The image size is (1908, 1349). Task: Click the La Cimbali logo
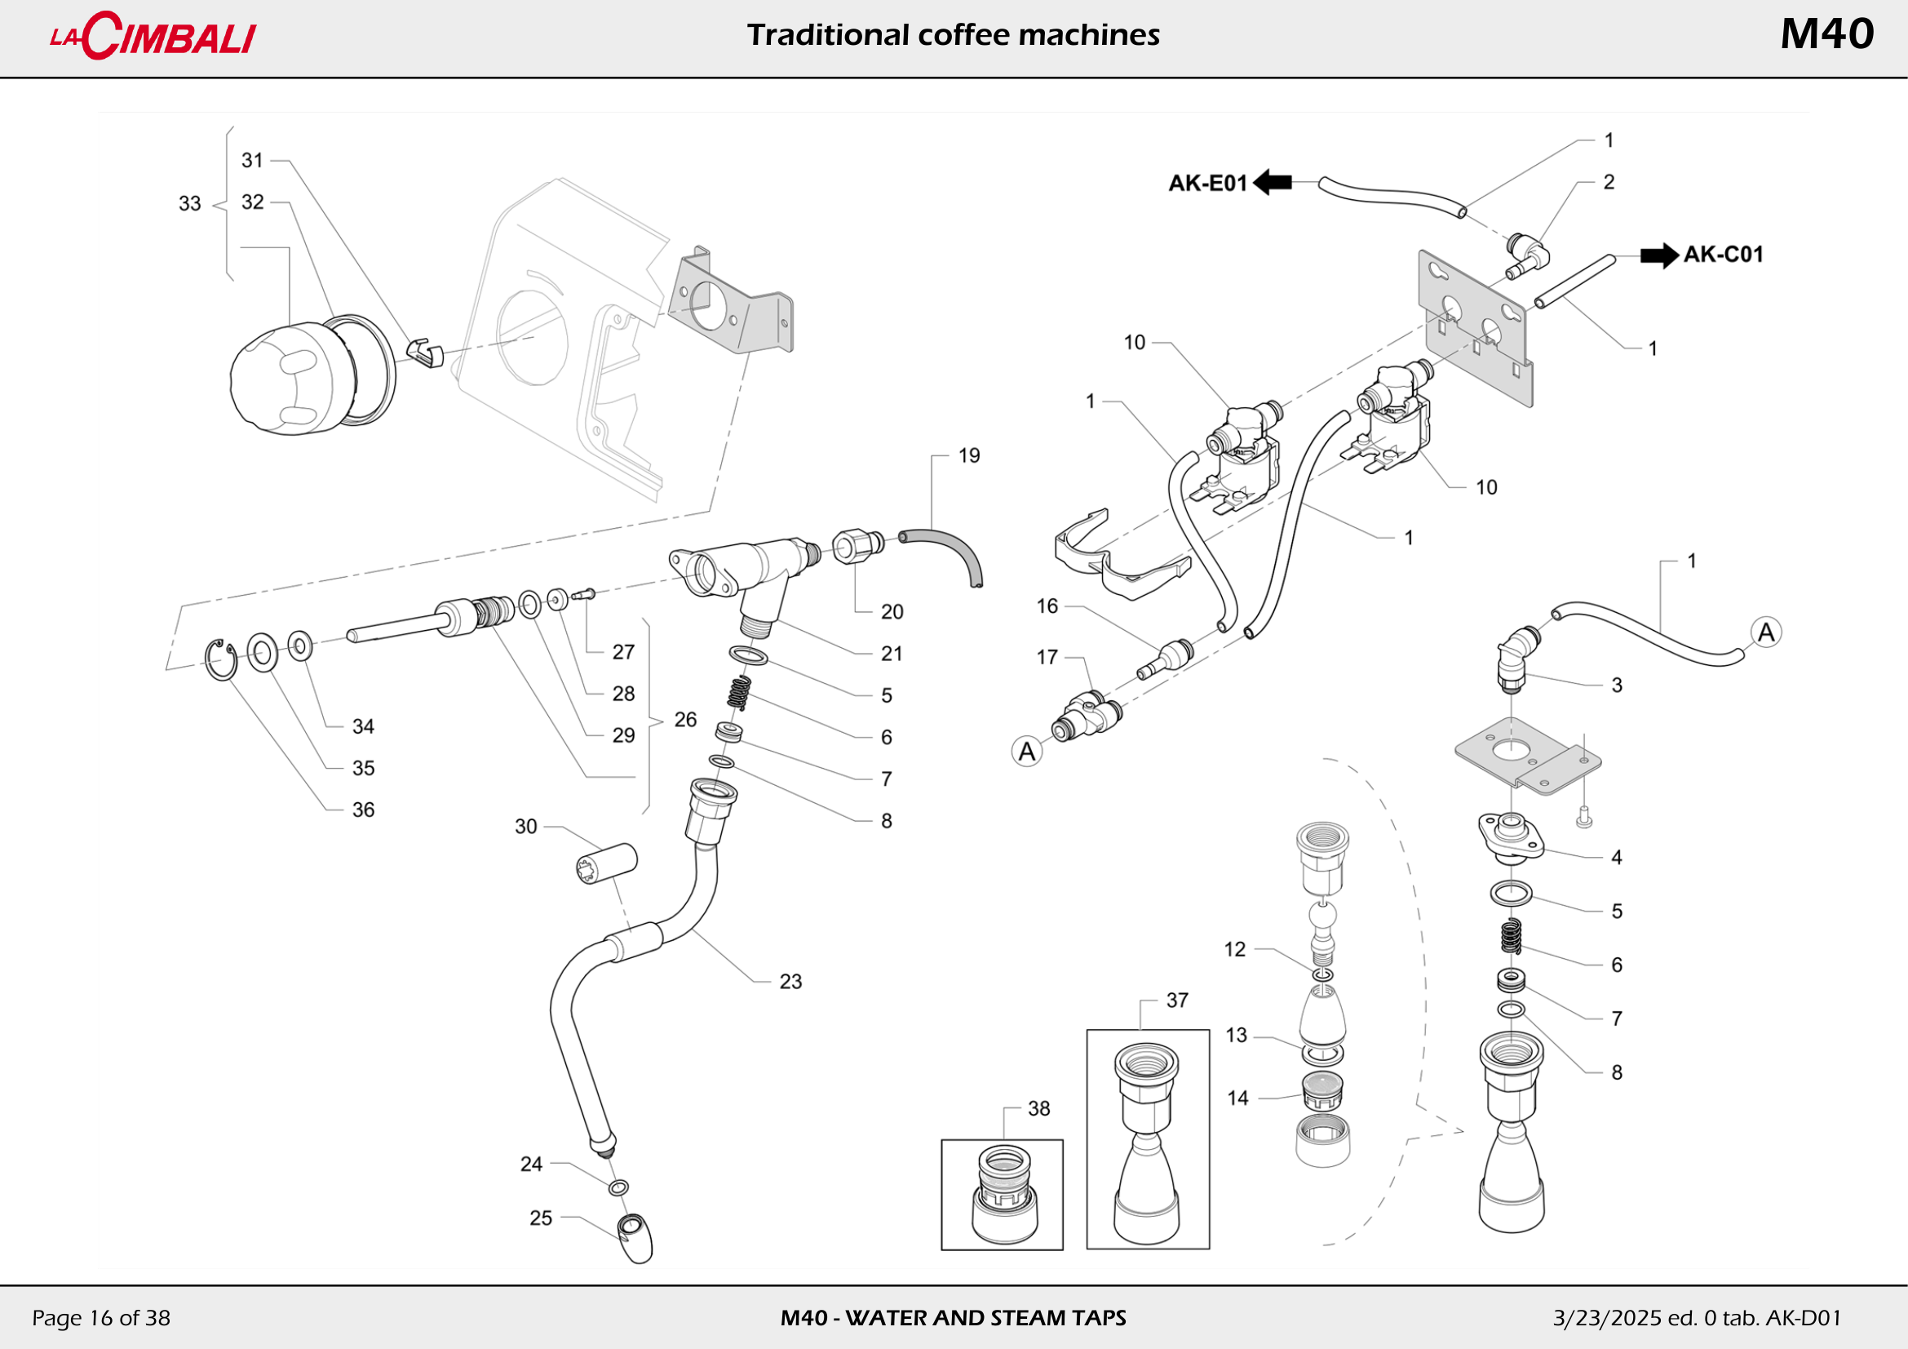153,37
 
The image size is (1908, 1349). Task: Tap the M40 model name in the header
1826,35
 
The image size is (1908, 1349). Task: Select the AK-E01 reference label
1207,183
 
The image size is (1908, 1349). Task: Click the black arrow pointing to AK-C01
1658,255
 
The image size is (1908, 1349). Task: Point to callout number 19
969,455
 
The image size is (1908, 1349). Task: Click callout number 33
189,204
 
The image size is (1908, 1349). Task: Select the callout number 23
790,982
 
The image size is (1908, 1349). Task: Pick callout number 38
1038,1108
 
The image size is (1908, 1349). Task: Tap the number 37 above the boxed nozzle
1177,1000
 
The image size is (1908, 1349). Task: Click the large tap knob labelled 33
286,379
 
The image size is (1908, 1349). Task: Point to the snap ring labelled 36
221,660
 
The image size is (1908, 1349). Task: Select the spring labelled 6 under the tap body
739,692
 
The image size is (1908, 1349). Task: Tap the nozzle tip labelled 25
635,1239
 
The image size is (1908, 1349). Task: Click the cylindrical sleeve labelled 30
608,863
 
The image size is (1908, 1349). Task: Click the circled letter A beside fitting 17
1027,752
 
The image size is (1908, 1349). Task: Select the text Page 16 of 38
100,1317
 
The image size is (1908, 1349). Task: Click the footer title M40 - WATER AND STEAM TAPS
953,1317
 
